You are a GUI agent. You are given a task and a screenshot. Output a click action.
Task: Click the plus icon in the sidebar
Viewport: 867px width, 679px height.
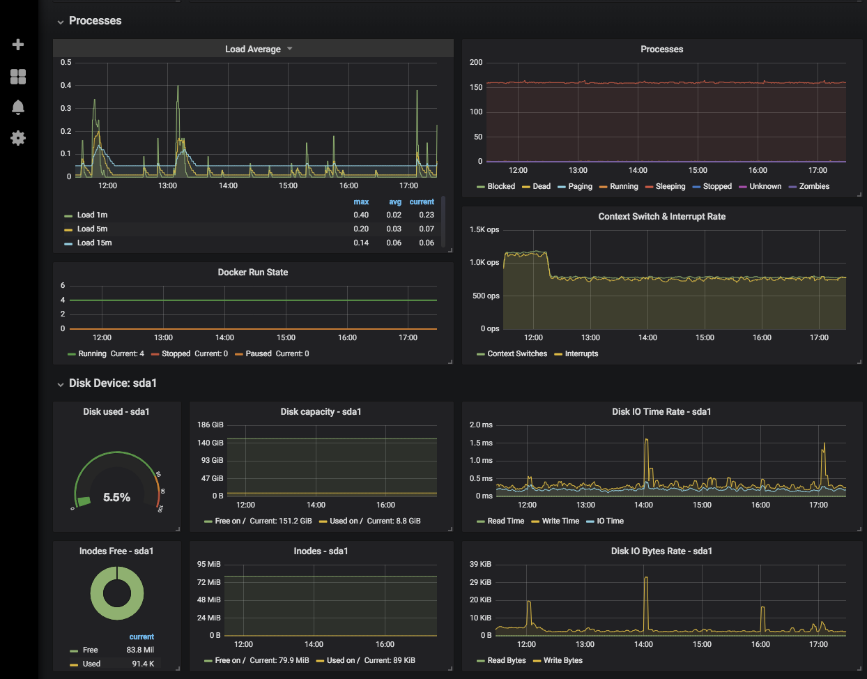[18, 45]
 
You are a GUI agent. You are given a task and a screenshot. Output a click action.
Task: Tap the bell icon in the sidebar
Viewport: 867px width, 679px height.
[18, 107]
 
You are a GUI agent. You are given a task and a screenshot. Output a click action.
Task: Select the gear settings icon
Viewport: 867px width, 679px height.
[18, 138]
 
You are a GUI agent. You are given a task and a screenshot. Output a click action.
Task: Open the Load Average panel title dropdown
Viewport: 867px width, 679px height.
[290, 49]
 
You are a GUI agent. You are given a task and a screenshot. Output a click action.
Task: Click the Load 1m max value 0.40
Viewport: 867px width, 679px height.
[361, 215]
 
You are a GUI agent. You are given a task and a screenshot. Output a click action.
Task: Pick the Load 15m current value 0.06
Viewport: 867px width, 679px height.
[427, 243]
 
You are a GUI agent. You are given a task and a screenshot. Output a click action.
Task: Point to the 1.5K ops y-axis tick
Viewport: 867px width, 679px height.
[484, 230]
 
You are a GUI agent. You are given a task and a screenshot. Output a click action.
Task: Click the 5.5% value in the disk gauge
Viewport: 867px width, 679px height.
[116, 497]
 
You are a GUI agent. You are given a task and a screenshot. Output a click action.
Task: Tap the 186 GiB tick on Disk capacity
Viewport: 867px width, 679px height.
[210, 425]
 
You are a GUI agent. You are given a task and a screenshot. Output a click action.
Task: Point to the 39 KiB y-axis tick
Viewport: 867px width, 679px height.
[480, 565]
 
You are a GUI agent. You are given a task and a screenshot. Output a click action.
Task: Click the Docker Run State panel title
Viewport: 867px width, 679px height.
[253, 273]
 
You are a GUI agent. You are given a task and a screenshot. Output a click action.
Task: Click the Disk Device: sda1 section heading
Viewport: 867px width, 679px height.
[113, 383]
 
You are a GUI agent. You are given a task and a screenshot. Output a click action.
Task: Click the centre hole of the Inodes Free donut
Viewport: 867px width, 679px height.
[117, 593]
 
